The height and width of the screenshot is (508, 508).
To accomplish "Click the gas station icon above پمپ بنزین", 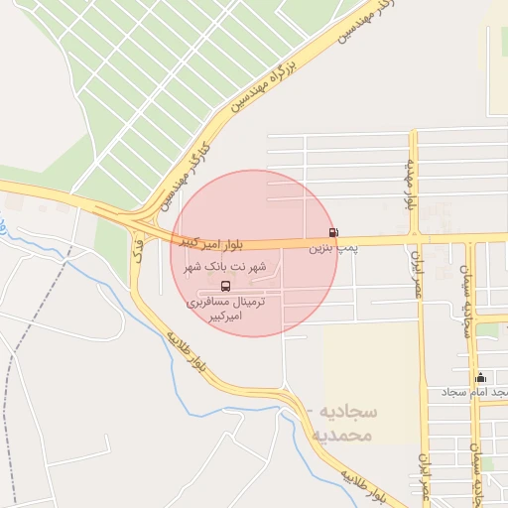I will click(x=332, y=233).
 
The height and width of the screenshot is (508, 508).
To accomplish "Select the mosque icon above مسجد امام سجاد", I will click(x=481, y=377).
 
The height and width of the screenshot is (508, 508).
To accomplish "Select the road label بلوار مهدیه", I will click(x=408, y=184).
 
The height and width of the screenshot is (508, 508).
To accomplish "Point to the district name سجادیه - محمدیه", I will click(x=340, y=424).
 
